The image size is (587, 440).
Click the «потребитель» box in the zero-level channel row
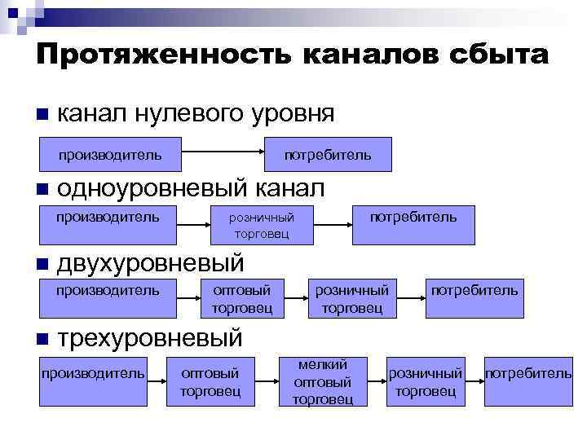(328, 154)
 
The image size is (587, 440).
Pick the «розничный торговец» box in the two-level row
(352, 298)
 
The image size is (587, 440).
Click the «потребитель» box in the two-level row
(474, 298)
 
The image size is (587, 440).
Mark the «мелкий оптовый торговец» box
(323, 381)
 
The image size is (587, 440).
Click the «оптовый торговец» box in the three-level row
(210, 381)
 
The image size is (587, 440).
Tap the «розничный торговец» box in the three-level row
(425, 381)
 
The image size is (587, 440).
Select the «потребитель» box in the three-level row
(528, 381)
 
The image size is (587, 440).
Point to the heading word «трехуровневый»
(150, 337)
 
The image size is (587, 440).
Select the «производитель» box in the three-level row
(93, 381)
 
